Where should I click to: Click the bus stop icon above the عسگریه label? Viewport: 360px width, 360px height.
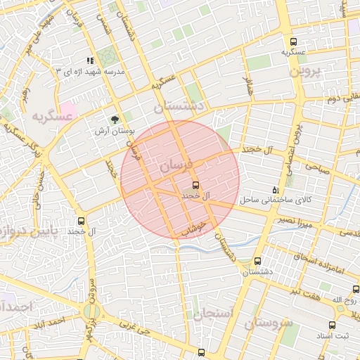pos(293,41)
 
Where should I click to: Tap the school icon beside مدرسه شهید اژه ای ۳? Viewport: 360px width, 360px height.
pos(89,61)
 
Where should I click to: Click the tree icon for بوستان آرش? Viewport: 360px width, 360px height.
pos(115,119)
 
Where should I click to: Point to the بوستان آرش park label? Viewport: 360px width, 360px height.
pos(114,131)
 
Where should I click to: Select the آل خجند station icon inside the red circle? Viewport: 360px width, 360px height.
pos(195,185)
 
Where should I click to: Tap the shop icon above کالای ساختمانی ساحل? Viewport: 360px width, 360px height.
pos(276,190)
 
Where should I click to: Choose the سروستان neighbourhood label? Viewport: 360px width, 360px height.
pos(269,323)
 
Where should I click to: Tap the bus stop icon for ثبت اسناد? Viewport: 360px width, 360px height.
pos(332,325)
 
